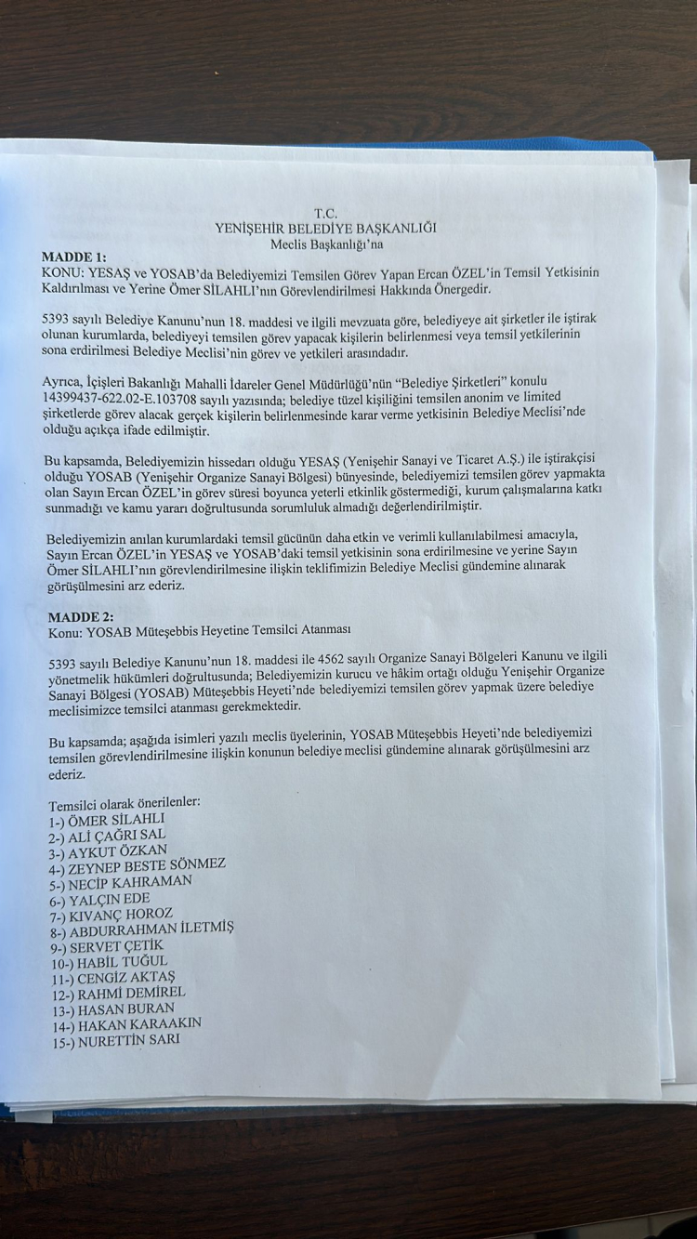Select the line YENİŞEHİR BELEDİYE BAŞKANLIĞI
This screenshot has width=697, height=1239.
tap(325, 228)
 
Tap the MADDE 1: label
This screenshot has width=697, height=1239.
tap(74, 256)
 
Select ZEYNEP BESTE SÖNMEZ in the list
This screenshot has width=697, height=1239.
tap(138, 865)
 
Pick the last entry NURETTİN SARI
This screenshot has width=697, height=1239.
tap(117, 1040)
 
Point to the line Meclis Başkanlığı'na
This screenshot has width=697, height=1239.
tap(326, 244)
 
